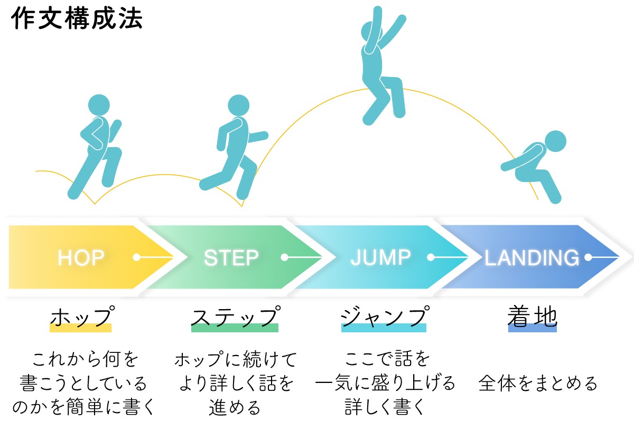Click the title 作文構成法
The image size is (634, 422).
pos(77,20)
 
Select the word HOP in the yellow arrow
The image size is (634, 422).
pos(81,258)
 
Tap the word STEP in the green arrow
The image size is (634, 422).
pos(231,258)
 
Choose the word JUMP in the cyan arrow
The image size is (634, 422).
pos(380,257)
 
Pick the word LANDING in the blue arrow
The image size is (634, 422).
pos(532,258)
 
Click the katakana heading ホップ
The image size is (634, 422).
pos(81,318)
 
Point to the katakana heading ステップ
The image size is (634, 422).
pos(234,318)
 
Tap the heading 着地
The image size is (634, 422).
pos(532,317)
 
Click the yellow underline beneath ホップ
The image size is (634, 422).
pos(81,328)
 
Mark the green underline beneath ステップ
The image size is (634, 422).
pos(234,328)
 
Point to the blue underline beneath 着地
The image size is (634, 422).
pos(532,328)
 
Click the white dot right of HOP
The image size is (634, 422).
pos(136,257)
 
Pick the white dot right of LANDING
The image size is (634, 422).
pos(588,257)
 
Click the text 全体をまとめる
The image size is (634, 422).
pos(538,383)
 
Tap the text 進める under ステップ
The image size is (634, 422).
pos(235,407)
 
